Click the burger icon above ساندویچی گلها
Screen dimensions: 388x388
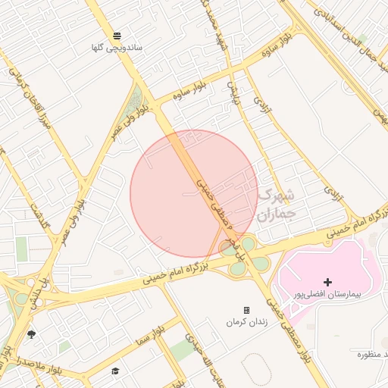click(117, 36)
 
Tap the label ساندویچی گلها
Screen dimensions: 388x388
click(117, 48)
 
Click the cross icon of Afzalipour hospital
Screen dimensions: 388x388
click(327, 282)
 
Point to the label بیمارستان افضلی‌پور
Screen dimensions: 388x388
click(327, 293)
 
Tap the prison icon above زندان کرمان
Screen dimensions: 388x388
click(246, 311)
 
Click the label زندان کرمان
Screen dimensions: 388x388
click(246, 322)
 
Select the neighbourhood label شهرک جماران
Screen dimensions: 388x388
click(274, 205)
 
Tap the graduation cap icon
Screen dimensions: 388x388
click(115, 371)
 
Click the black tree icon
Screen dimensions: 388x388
click(31, 333)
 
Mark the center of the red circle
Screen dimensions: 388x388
click(194, 193)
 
